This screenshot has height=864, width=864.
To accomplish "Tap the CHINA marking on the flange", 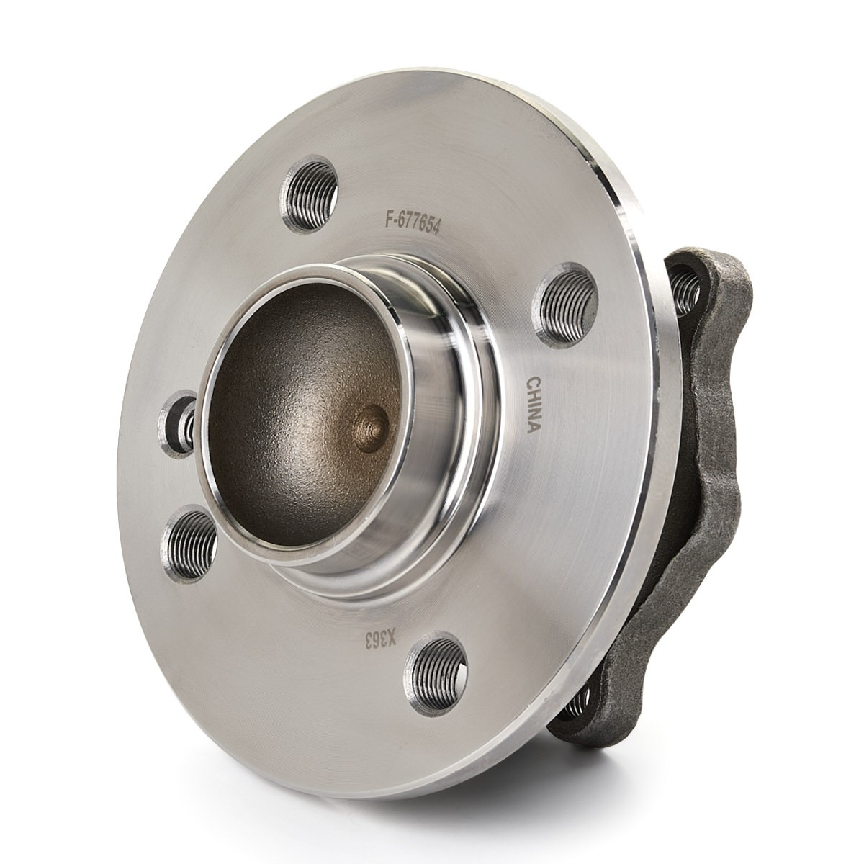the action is [x=534, y=405].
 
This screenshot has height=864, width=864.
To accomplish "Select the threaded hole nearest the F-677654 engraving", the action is [x=309, y=194].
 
